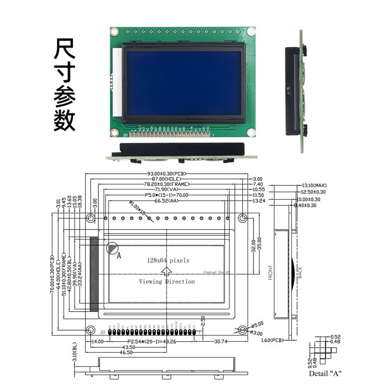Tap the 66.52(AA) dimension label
pos(167,201)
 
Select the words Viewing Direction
pos(167,282)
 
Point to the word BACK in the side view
pos(300,273)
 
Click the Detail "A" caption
pos(325,373)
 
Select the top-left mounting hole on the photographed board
pos(114,32)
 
